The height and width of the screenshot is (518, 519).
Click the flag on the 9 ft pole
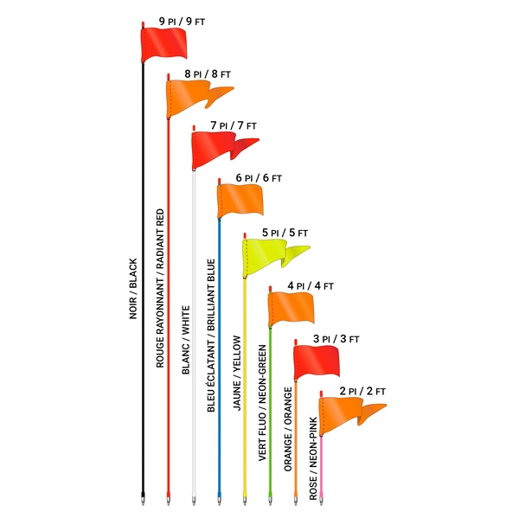pos(163,43)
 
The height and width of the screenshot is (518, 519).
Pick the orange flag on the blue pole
pos(239,201)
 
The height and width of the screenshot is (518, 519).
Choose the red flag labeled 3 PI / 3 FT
pos(316,361)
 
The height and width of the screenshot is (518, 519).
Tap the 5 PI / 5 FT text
pos(285,233)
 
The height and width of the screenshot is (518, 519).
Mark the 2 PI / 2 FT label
pos(362,392)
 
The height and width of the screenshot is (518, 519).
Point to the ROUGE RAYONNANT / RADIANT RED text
pos(159,295)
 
